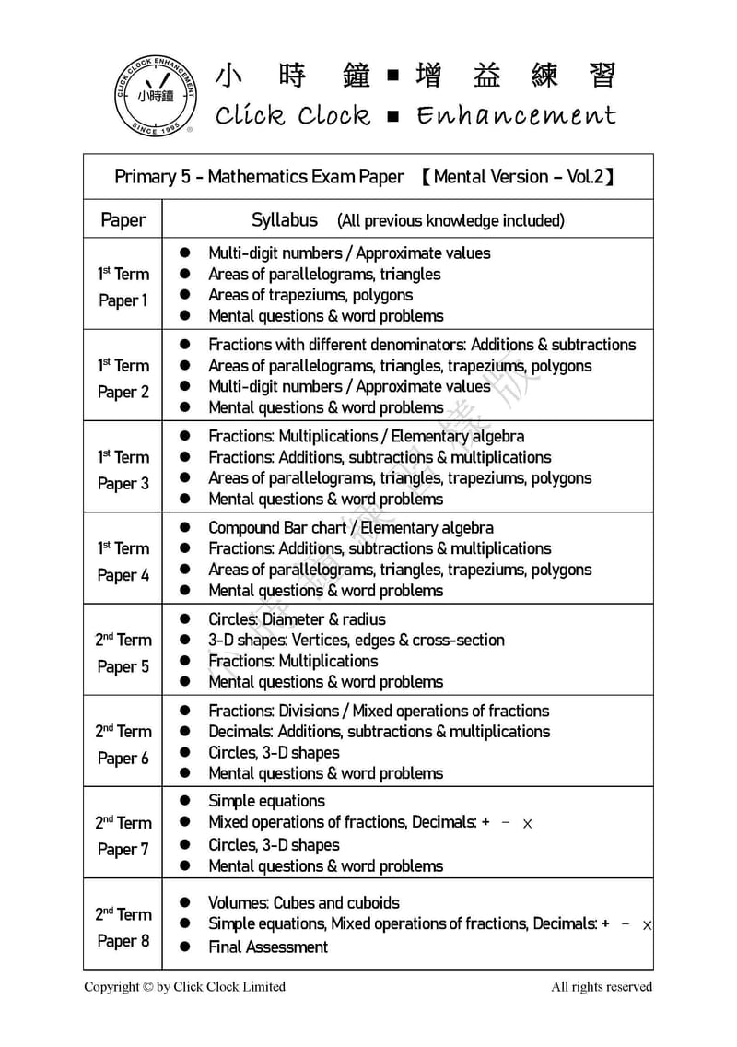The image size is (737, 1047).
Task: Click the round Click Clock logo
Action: pos(155,96)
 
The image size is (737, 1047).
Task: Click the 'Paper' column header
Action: pos(123,220)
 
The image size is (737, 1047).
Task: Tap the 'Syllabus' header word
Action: pos(285,220)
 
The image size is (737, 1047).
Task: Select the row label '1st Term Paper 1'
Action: pos(123,287)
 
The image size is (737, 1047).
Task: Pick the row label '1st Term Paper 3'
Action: pos(123,469)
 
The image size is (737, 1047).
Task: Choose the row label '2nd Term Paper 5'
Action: pos(123,653)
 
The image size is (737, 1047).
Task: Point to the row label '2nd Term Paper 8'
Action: pos(123,927)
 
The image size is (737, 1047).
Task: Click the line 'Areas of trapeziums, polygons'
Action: pos(310,295)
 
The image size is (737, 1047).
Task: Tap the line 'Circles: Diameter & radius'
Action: pos(297,619)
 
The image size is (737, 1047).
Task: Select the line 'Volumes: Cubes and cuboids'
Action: pos(304,902)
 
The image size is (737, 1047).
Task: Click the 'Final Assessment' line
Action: pos(268,947)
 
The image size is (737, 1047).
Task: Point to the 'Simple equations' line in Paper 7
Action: pos(266,801)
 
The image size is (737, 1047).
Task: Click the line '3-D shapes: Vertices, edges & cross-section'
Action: pos(357,640)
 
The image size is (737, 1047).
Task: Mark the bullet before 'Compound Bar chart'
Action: pos(185,528)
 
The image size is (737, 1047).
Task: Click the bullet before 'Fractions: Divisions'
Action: pos(185,711)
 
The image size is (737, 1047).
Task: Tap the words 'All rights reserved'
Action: pos(602,987)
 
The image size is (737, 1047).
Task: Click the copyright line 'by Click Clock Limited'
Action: pos(184,987)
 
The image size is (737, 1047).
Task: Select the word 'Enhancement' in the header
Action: pos(516,116)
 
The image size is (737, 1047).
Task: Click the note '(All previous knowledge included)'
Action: pos(450,221)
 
